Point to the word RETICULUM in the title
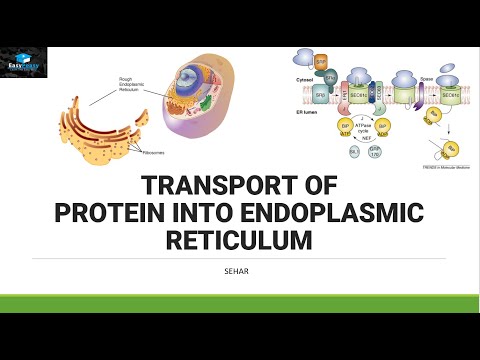240,240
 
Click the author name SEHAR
240,269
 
